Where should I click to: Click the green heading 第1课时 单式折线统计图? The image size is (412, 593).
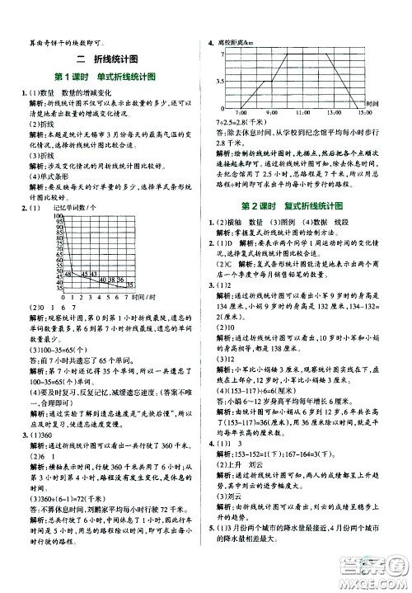(107, 78)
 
